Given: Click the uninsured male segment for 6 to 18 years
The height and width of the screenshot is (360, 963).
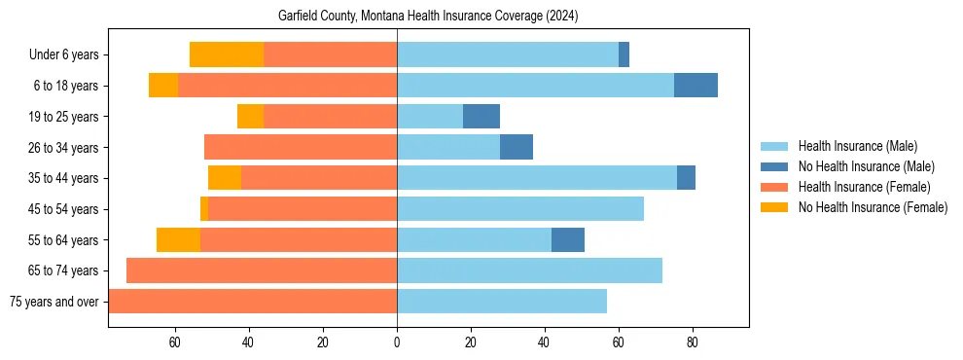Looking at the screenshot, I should pyautogui.click(x=695, y=86).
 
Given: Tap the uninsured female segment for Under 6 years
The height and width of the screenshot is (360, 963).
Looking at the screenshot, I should pyautogui.click(x=227, y=54).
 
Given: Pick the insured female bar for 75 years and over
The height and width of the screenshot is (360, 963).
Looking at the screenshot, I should pyautogui.click(x=253, y=302).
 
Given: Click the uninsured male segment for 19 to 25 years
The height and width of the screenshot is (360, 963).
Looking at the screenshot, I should pyautogui.click(x=481, y=117).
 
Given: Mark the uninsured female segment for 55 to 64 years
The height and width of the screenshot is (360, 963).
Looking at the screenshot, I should pyautogui.click(x=178, y=239).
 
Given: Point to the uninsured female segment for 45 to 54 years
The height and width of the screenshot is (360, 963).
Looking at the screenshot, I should pyautogui.click(x=204, y=209).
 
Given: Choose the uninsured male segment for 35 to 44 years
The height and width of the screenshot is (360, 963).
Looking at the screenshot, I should pyautogui.click(x=686, y=178).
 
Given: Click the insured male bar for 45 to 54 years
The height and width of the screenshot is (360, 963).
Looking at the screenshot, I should pyautogui.click(x=520, y=209).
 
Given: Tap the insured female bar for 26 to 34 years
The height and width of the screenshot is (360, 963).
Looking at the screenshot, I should pyautogui.click(x=301, y=147).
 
